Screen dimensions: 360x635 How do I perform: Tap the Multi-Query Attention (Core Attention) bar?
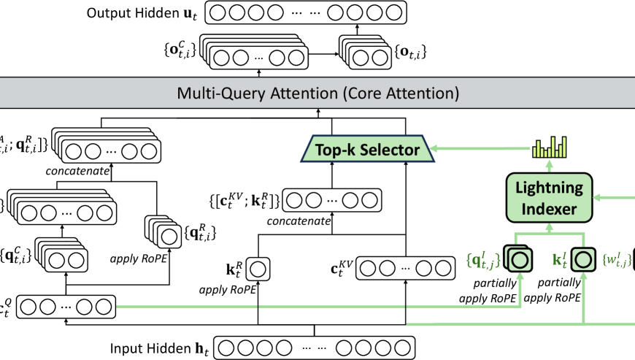tap(317, 93)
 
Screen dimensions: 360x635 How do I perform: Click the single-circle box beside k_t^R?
tap(257, 270)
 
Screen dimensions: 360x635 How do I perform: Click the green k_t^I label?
tap(559, 258)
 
